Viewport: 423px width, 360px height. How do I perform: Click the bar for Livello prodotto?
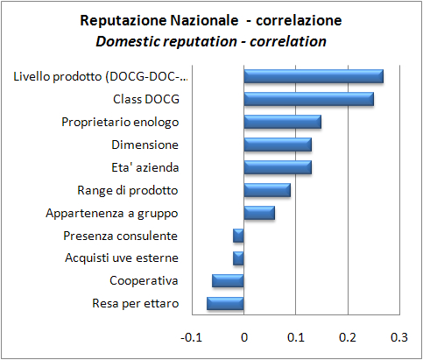[x=314, y=76]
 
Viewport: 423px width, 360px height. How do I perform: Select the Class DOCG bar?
[x=308, y=99]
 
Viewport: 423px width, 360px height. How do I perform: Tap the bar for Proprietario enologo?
[x=282, y=122]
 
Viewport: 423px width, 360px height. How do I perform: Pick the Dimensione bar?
[x=278, y=145]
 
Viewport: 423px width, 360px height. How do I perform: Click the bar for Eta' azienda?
[x=278, y=167]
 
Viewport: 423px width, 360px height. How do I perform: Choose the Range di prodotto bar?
[x=267, y=190]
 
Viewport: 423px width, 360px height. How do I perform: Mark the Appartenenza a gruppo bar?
[x=259, y=213]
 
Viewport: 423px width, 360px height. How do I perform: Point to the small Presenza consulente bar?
[x=238, y=236]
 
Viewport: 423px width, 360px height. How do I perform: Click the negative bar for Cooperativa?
[x=228, y=281]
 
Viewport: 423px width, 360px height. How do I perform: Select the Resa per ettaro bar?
[x=225, y=304]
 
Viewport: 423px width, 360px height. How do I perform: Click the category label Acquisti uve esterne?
[x=122, y=258]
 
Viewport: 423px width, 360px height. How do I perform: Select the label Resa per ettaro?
[x=135, y=304]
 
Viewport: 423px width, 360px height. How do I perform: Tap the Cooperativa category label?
[x=144, y=281]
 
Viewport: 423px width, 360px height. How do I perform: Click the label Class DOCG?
[x=145, y=99]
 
